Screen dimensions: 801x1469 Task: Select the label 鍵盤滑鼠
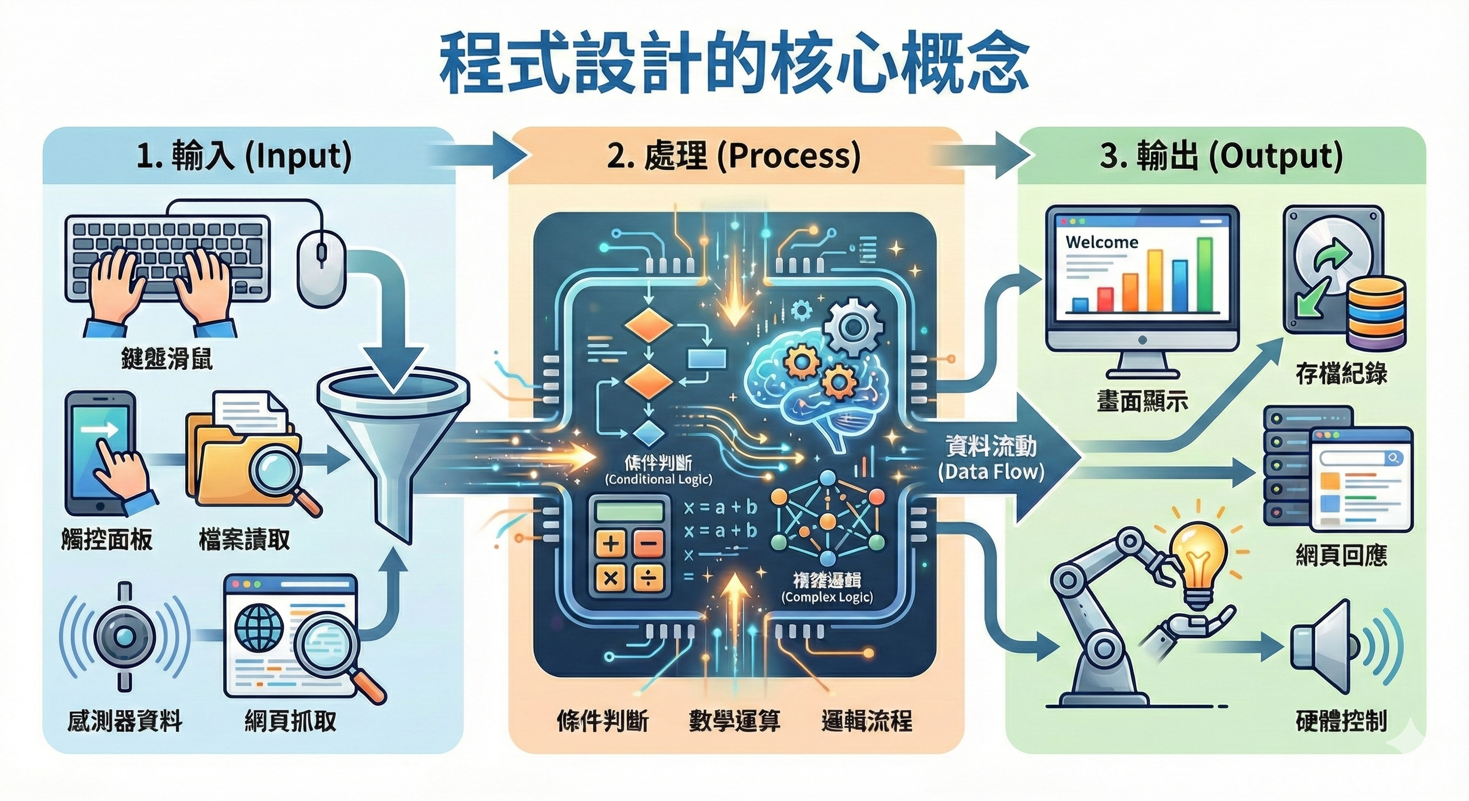tap(166, 359)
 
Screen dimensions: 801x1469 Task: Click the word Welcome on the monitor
tap(1101, 242)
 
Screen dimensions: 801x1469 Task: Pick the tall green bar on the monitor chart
tap(1205, 275)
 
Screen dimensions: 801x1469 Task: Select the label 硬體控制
tap(1341, 721)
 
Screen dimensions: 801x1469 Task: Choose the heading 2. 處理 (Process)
tap(734, 156)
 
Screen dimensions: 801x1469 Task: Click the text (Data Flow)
tap(991, 471)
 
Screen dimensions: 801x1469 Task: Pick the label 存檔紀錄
tap(1341, 373)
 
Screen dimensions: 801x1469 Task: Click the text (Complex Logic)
tap(827, 597)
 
